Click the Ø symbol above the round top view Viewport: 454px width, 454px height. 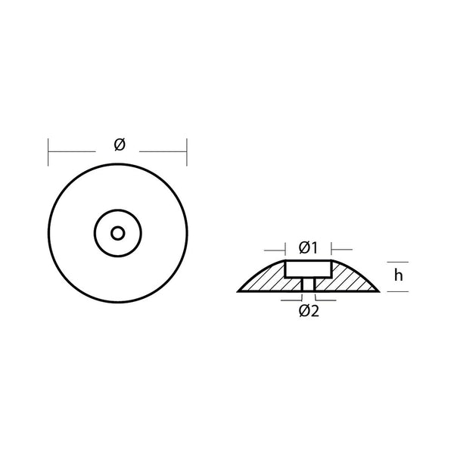pos(119,145)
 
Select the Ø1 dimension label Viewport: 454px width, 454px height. pos(308,247)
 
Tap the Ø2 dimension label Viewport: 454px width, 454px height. pos(309,311)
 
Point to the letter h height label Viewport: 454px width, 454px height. pos(398,276)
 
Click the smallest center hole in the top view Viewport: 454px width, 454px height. pos(117,232)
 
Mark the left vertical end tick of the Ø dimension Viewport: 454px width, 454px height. pos(49,151)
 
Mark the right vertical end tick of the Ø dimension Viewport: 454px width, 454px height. pos(186,151)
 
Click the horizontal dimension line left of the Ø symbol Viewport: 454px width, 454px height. pos(76,151)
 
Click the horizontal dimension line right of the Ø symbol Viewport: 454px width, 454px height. pos(163,151)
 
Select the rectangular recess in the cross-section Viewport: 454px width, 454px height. pos(308,269)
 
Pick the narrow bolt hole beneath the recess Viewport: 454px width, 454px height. pos(308,285)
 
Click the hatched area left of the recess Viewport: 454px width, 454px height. pos(265,281)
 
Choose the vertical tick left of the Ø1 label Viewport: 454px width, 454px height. pos(285,247)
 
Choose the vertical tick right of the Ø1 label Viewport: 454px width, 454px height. pos(332,247)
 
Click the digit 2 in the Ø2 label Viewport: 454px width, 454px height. pos(314,311)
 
